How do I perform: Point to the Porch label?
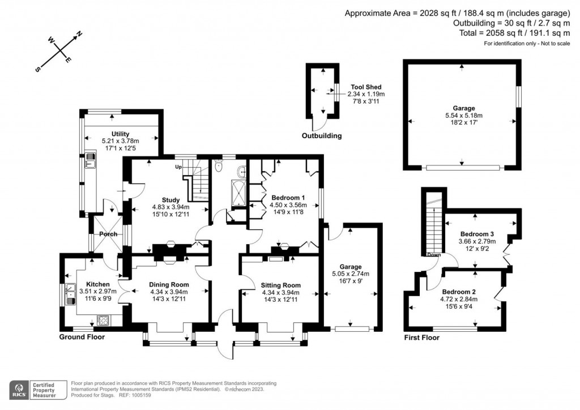click(x=108, y=234)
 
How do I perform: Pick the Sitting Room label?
click(x=280, y=285)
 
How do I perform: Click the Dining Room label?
click(x=169, y=285)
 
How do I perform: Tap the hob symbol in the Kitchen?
click(x=104, y=320)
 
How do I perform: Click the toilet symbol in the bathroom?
click(x=219, y=166)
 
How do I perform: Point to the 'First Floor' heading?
click(x=422, y=338)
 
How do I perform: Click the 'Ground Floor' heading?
click(x=82, y=337)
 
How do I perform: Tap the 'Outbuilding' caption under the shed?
click(x=322, y=136)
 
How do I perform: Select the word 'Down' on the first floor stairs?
click(x=434, y=255)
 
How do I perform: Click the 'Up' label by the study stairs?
click(x=178, y=166)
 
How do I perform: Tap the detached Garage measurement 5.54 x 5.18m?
click(x=463, y=116)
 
